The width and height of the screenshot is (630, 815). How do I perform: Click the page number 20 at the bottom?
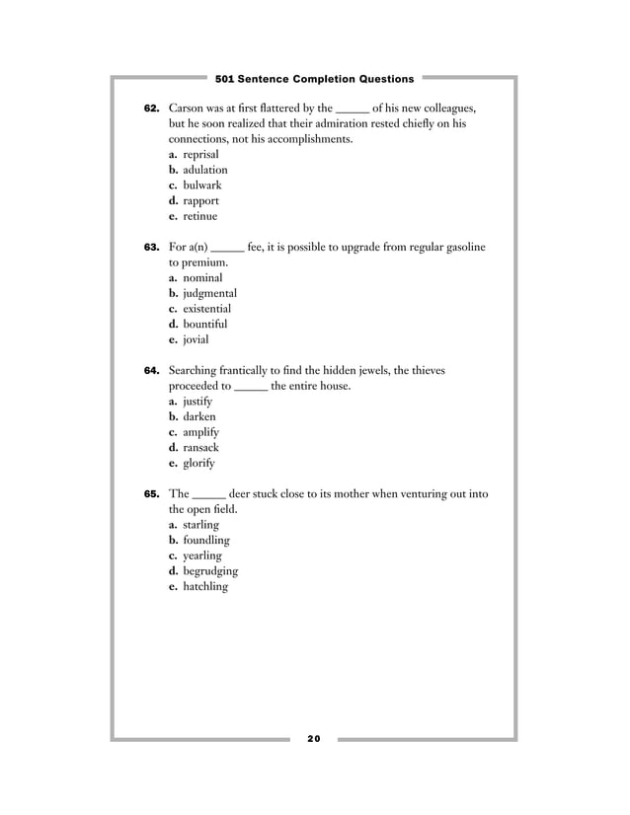pyautogui.click(x=314, y=739)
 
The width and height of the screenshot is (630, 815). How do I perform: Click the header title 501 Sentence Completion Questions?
pyautogui.click(x=315, y=78)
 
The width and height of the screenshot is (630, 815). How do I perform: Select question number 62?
pyautogui.click(x=152, y=109)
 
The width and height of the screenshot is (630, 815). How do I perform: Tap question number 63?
pyautogui.click(x=152, y=248)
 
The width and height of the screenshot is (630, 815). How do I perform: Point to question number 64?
pyautogui.click(x=152, y=371)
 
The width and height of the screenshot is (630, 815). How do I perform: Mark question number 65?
pyautogui.click(x=152, y=494)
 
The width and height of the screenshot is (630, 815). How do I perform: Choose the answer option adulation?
pyautogui.click(x=204, y=171)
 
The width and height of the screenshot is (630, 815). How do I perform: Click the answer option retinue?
pyautogui.click(x=199, y=216)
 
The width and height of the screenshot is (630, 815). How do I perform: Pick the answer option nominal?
pyautogui.click(x=202, y=278)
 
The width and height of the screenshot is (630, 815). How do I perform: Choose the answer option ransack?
pyautogui.click(x=201, y=447)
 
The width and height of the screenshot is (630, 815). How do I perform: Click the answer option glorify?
pyautogui.click(x=198, y=463)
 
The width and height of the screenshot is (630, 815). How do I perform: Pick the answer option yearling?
pyautogui.click(x=202, y=556)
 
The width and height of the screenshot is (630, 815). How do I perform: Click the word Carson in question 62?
pyautogui.click(x=189, y=109)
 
